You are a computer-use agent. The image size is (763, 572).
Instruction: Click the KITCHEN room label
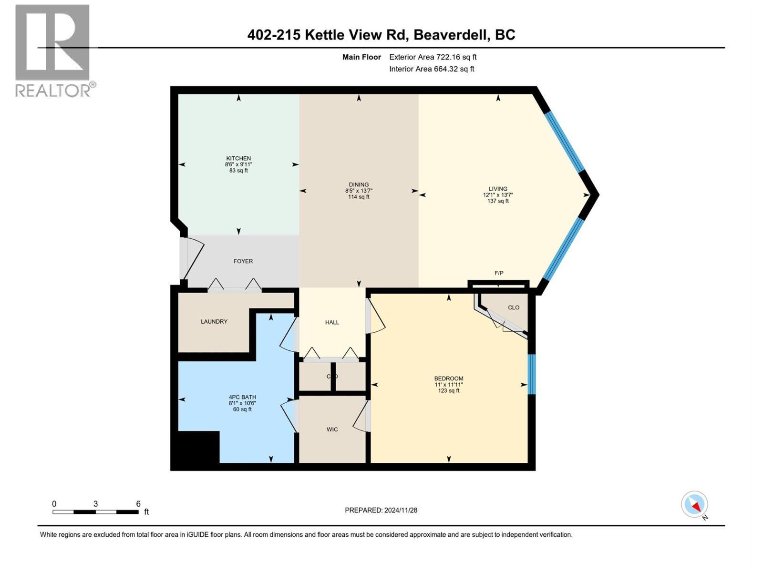click(x=238, y=159)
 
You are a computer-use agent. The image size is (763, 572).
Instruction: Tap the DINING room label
click(x=359, y=185)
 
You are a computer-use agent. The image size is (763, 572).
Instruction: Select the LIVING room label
click(x=498, y=189)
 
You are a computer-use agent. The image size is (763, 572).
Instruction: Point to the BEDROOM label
click(x=449, y=378)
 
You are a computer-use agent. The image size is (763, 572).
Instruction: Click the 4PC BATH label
click(x=242, y=397)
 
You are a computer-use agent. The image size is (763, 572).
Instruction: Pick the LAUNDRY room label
click(x=214, y=322)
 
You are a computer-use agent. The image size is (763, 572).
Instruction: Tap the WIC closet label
click(x=332, y=429)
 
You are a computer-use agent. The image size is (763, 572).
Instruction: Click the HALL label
click(x=332, y=323)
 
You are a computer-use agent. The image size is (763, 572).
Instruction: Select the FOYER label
click(x=243, y=261)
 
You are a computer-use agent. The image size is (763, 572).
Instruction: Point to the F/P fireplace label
click(x=499, y=273)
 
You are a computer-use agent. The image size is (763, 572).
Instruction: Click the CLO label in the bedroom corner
click(x=514, y=307)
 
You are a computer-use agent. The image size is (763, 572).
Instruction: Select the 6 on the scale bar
click(x=138, y=504)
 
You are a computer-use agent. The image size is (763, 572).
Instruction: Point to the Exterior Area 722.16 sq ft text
click(x=433, y=57)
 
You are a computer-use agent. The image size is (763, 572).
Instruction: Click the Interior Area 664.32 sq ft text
click(x=432, y=69)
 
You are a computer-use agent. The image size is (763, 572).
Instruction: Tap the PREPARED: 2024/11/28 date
click(x=381, y=510)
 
